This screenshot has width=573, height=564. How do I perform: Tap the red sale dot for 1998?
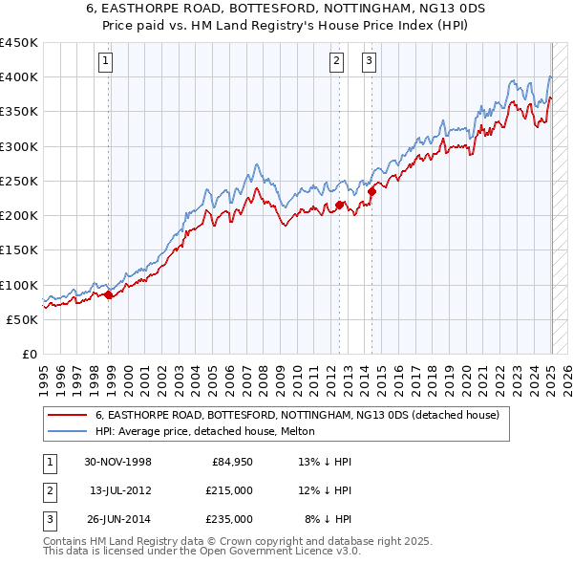tap(108, 294)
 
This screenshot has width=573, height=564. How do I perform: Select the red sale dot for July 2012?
tap(339, 205)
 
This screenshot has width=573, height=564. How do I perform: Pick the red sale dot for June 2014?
tap(371, 191)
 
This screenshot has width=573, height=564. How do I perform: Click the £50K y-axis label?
tap(22, 319)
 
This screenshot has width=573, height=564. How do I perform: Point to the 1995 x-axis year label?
tap(44, 374)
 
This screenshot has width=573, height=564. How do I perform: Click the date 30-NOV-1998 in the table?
tap(117, 462)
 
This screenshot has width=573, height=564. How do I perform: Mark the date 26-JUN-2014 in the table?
tap(118, 519)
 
